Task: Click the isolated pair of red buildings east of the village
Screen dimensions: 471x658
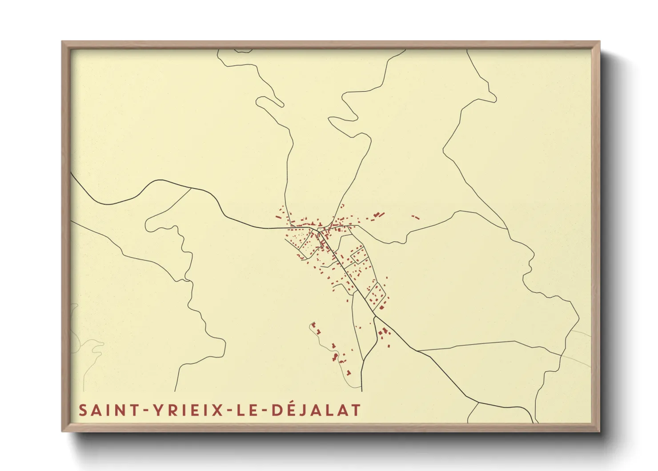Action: pos(415,217)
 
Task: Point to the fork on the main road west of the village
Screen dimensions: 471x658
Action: pos(191,188)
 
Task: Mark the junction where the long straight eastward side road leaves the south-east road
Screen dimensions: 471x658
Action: pos(418,351)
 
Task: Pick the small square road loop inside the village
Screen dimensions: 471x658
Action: pos(358,255)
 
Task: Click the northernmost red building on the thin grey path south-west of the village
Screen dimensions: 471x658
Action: pos(313,325)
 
